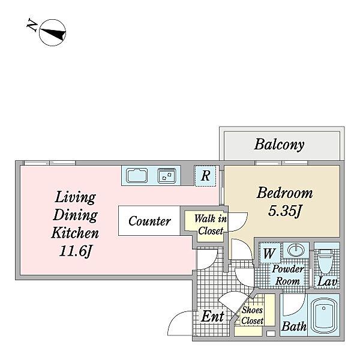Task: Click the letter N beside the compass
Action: click(32, 25)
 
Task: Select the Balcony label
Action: click(280, 145)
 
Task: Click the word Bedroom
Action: click(284, 193)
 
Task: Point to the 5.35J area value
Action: click(284, 211)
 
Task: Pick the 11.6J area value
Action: click(76, 251)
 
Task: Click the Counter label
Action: click(149, 221)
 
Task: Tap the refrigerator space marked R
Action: click(205, 176)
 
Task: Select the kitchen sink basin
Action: click(137, 175)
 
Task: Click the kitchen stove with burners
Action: click(167, 176)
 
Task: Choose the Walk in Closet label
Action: click(211, 225)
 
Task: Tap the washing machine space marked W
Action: click(269, 253)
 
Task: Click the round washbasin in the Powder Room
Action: click(296, 250)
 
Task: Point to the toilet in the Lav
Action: click(326, 261)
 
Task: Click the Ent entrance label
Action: click(212, 317)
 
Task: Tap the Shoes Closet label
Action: click(253, 315)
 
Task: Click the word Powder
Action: click(288, 269)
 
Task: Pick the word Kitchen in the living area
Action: click(75, 233)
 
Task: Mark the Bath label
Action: click(294, 326)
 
